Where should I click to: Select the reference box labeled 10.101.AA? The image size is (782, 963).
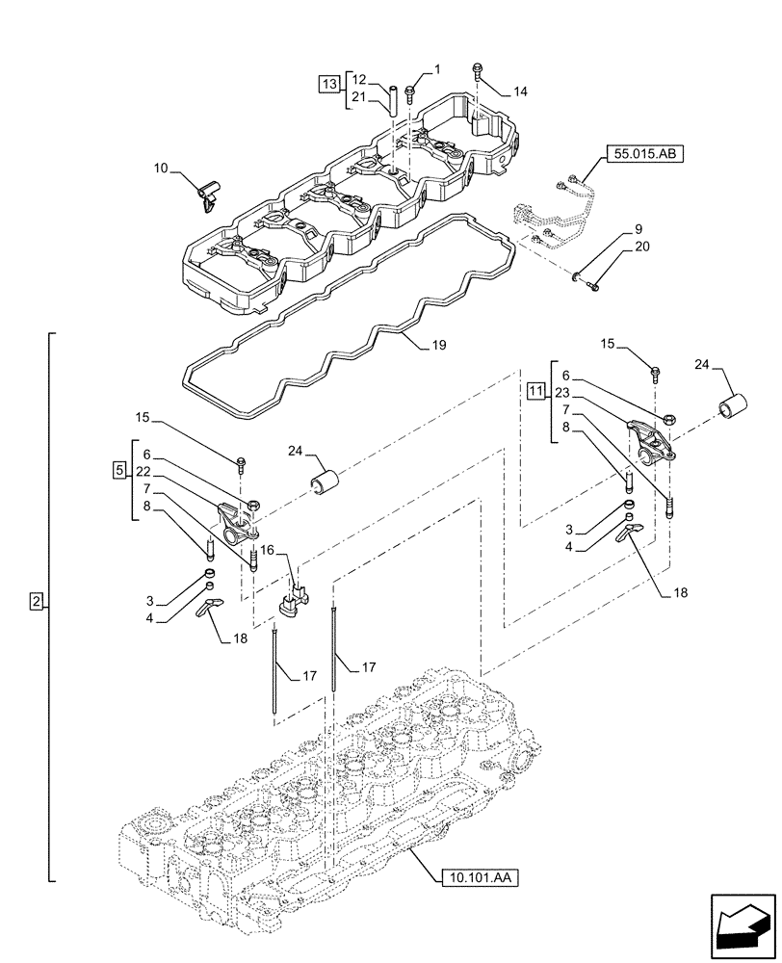click(x=478, y=878)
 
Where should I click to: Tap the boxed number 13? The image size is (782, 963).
click(x=328, y=86)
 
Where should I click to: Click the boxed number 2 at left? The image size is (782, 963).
click(x=36, y=602)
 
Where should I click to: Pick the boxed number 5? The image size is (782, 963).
click(x=119, y=470)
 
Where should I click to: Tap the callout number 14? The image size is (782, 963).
click(x=520, y=91)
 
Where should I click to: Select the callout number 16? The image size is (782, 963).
click(x=267, y=549)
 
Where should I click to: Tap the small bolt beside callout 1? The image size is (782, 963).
click(x=411, y=91)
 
